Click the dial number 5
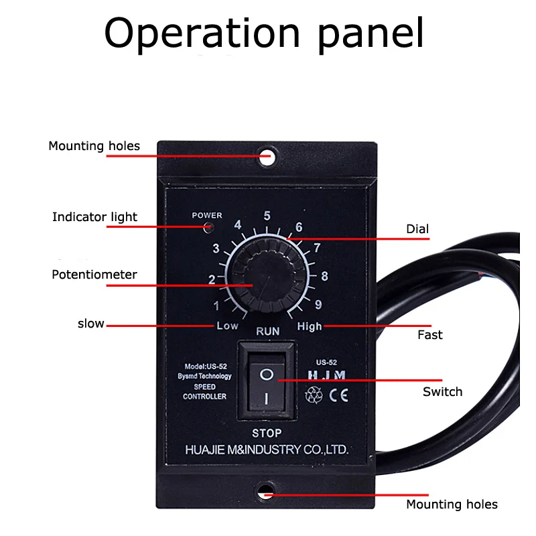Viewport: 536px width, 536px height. (267, 216)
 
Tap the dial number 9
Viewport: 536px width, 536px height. (318, 305)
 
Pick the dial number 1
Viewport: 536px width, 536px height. (216, 306)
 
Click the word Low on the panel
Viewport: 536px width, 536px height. (227, 326)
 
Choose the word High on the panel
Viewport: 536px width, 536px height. (310, 326)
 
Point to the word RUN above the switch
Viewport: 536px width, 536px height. (267, 332)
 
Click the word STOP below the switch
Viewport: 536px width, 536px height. (267, 433)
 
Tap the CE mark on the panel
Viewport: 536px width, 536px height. (338, 395)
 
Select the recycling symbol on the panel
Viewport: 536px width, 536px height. (314, 395)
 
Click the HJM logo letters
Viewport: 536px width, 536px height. (326, 377)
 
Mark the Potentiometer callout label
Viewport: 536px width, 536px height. (94, 275)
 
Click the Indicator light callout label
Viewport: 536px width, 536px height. (94, 217)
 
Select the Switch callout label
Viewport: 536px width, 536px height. (442, 392)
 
